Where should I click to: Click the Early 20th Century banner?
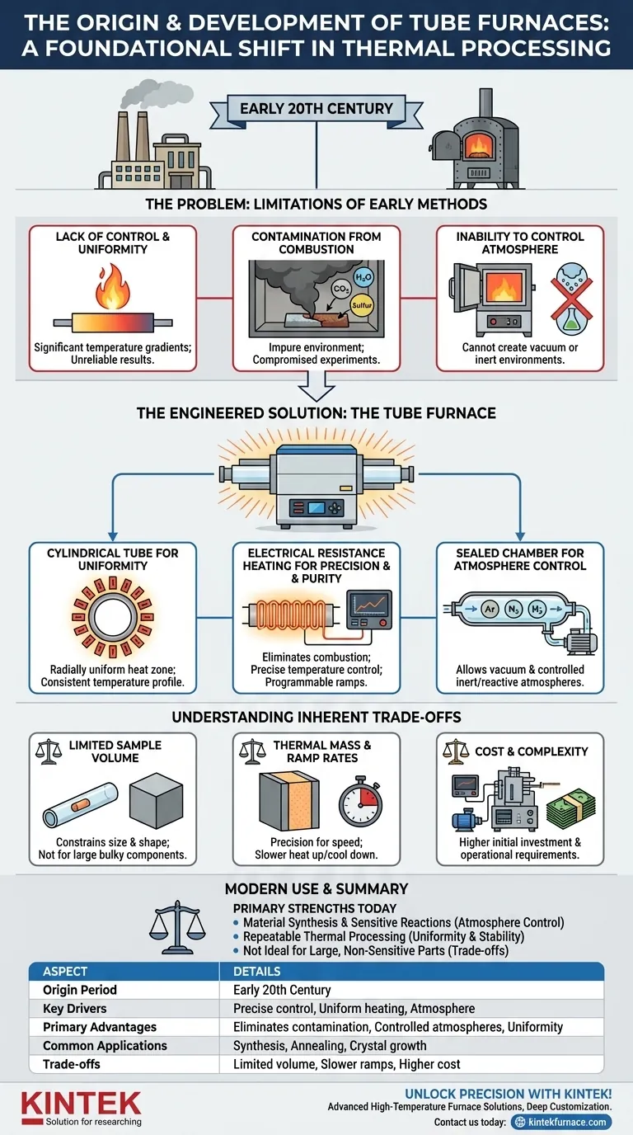(x=316, y=108)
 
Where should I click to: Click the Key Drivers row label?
(x=75, y=1008)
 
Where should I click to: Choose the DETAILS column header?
(x=257, y=971)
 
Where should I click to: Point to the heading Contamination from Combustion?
(x=316, y=243)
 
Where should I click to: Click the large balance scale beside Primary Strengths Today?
(x=178, y=924)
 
